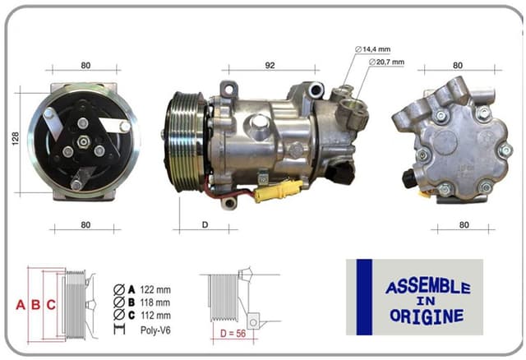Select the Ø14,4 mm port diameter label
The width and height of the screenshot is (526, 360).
coord(374,49)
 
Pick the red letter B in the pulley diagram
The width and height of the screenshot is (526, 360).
coord(35,305)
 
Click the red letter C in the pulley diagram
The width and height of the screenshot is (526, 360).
coord(50,305)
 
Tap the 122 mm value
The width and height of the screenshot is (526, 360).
coord(156,288)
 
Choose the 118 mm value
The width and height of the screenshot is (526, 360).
coord(156,302)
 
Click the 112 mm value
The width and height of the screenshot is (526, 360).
coord(156,315)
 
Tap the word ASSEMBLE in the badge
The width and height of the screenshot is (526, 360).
coord(427,288)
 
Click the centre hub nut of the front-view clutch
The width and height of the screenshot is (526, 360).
coord(83,141)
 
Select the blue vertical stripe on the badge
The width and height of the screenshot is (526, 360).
coord(363,297)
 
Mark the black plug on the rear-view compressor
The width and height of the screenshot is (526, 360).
coord(408,178)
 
